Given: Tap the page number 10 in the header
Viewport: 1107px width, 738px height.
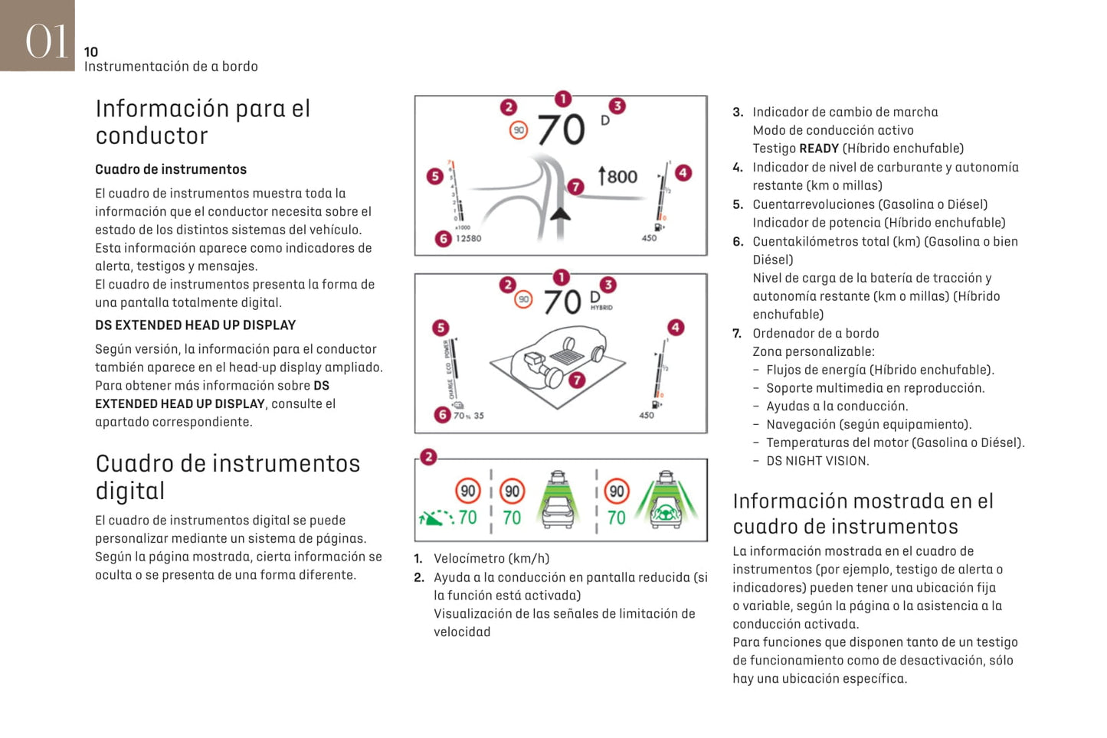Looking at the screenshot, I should pos(91,52).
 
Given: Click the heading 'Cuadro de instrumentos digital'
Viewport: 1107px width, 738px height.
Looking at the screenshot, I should pos(228,476).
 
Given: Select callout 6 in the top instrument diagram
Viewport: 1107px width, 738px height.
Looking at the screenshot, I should pos(443,239).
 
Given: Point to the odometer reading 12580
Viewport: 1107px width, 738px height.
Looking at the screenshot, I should pos(469,239).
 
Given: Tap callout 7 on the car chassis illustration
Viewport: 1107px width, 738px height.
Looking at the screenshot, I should pos(577,379).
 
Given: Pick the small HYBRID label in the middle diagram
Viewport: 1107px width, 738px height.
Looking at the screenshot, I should pos(601,308).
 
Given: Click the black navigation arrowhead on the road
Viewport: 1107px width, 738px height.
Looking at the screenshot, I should pos(561,213).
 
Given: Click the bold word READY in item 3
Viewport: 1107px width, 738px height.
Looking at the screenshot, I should pos(819,149).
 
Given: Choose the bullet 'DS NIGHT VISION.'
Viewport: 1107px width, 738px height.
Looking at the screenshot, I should pos(817,461).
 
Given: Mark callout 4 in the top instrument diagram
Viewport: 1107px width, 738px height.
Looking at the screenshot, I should pos(683,173).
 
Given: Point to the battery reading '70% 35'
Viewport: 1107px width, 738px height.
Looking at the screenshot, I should pos(468,416).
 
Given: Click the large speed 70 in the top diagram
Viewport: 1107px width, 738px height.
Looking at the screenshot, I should pos(562,129).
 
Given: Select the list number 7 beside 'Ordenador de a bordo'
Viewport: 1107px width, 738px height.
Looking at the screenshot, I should pos(737,334).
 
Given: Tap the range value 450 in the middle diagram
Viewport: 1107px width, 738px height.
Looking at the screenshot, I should pos(647,416).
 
